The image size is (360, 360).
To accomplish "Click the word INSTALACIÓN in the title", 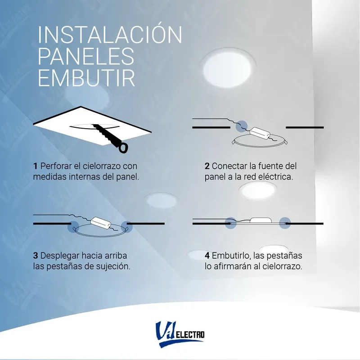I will click(110, 35).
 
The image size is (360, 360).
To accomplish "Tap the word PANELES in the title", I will click(86, 57).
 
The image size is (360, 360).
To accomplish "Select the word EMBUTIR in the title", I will click(86, 78).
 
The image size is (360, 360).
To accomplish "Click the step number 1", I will click(35, 166).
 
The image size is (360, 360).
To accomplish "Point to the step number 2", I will click(207, 166).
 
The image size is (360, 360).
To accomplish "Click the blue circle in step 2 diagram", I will click(243, 125).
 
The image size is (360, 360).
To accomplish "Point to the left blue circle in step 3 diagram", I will click(73, 225).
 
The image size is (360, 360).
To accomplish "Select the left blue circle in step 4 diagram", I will click(231, 222).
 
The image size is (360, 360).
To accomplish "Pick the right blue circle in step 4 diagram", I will click(284, 222).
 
